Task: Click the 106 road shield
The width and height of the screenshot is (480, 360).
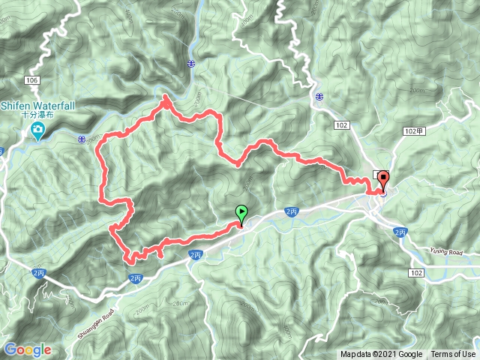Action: pos(31,79)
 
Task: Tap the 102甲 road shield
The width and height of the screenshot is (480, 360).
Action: pos(413,130)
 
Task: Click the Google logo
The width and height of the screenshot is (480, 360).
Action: pos(28,349)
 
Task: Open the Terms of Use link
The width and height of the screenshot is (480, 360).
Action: pos(453,354)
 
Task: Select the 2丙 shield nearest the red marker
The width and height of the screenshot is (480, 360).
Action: pos(399,232)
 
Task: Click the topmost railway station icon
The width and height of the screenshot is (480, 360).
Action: pos(192,64)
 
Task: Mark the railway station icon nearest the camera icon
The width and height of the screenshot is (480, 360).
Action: pos(80,138)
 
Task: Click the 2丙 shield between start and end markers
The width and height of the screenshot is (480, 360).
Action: pos(292,212)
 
